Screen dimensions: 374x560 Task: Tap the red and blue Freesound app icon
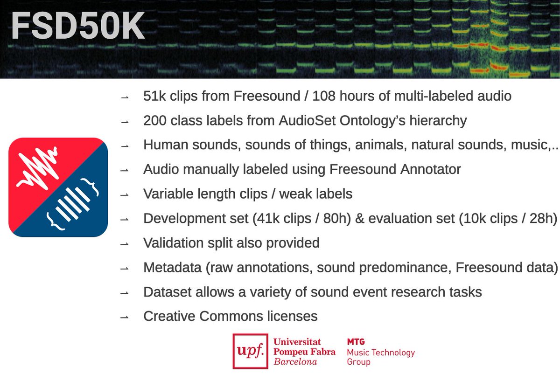point(58,187)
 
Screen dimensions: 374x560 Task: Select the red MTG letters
point(356,342)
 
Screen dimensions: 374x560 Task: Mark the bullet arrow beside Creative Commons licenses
point(124,317)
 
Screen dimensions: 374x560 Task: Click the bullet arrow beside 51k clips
point(124,97)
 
